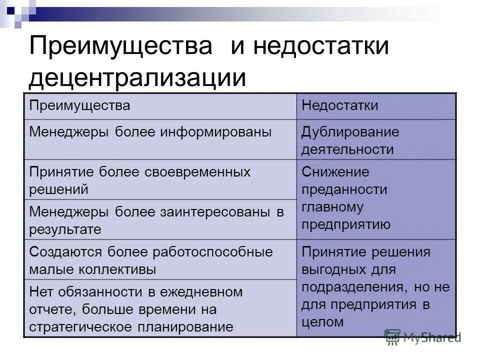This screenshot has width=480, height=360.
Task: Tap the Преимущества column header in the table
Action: coord(79,106)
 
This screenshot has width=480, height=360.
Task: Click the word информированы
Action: coord(216,132)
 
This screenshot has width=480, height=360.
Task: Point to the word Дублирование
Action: coord(350,132)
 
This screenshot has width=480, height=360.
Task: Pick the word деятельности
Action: coord(347,149)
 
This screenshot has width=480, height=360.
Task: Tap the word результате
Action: coord(65,229)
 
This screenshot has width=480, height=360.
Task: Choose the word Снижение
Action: coord(335,172)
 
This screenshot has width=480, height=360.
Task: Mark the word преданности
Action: coord(344,189)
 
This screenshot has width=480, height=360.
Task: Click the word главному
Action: coord(332,207)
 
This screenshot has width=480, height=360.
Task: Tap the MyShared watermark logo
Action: coord(422,337)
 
